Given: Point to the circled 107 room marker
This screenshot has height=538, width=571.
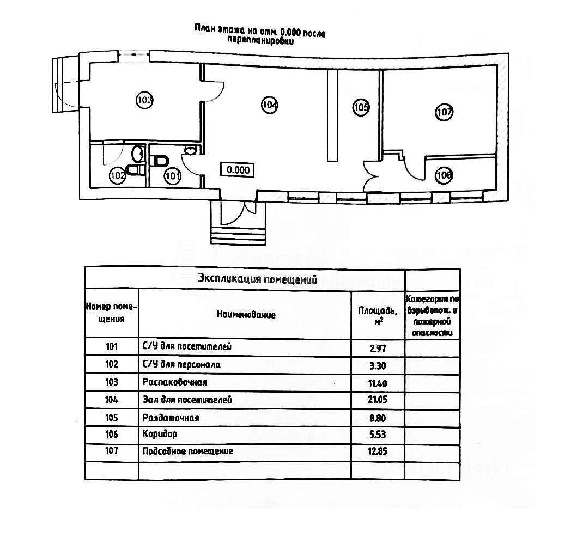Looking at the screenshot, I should (x=445, y=113).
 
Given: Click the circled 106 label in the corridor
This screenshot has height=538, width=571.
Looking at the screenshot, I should (x=444, y=175).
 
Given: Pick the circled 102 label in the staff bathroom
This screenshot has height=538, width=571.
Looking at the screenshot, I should (x=118, y=175).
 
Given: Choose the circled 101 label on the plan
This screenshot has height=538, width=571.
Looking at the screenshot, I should (x=172, y=175).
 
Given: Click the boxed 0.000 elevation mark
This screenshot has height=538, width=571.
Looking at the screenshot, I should (x=238, y=170).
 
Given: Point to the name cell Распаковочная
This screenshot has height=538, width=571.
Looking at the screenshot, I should (x=175, y=382).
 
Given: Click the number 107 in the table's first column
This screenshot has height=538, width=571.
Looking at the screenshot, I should (x=111, y=451).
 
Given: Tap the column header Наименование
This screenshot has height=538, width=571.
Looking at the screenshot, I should (x=246, y=315).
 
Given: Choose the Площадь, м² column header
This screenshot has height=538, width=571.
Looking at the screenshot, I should (x=378, y=315).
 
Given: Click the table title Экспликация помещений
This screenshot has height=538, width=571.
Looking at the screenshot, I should (x=257, y=280).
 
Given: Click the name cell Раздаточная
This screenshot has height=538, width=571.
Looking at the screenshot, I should (x=171, y=418).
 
